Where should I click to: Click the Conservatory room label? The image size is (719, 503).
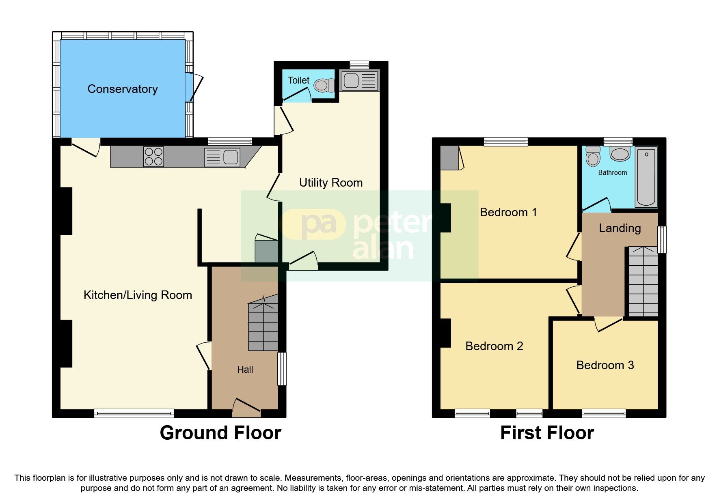pyautogui.click(x=123, y=89)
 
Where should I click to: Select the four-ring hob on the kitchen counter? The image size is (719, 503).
pyautogui.click(x=153, y=157)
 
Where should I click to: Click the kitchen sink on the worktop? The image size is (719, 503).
pyautogui.click(x=223, y=157)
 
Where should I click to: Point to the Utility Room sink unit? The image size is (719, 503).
pyautogui.click(x=359, y=80)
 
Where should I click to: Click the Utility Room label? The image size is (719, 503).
pyautogui.click(x=330, y=183)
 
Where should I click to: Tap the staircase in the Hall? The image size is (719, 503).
pyautogui.click(x=263, y=325)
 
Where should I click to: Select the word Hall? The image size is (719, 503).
pyautogui.click(x=245, y=370)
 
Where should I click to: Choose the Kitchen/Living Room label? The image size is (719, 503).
pyautogui.click(x=138, y=295)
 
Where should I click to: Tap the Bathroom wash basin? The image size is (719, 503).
pyautogui.click(x=620, y=154)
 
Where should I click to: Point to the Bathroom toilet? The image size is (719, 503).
pyautogui.click(x=593, y=156)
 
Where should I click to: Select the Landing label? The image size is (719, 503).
pyautogui.click(x=620, y=228)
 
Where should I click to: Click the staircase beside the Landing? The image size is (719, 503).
pyautogui.click(x=643, y=282)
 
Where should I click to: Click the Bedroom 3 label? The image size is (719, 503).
pyautogui.click(x=605, y=365)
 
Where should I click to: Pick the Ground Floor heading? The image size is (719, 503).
pyautogui.click(x=220, y=433)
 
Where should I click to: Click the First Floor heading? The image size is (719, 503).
pyautogui.click(x=546, y=433)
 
